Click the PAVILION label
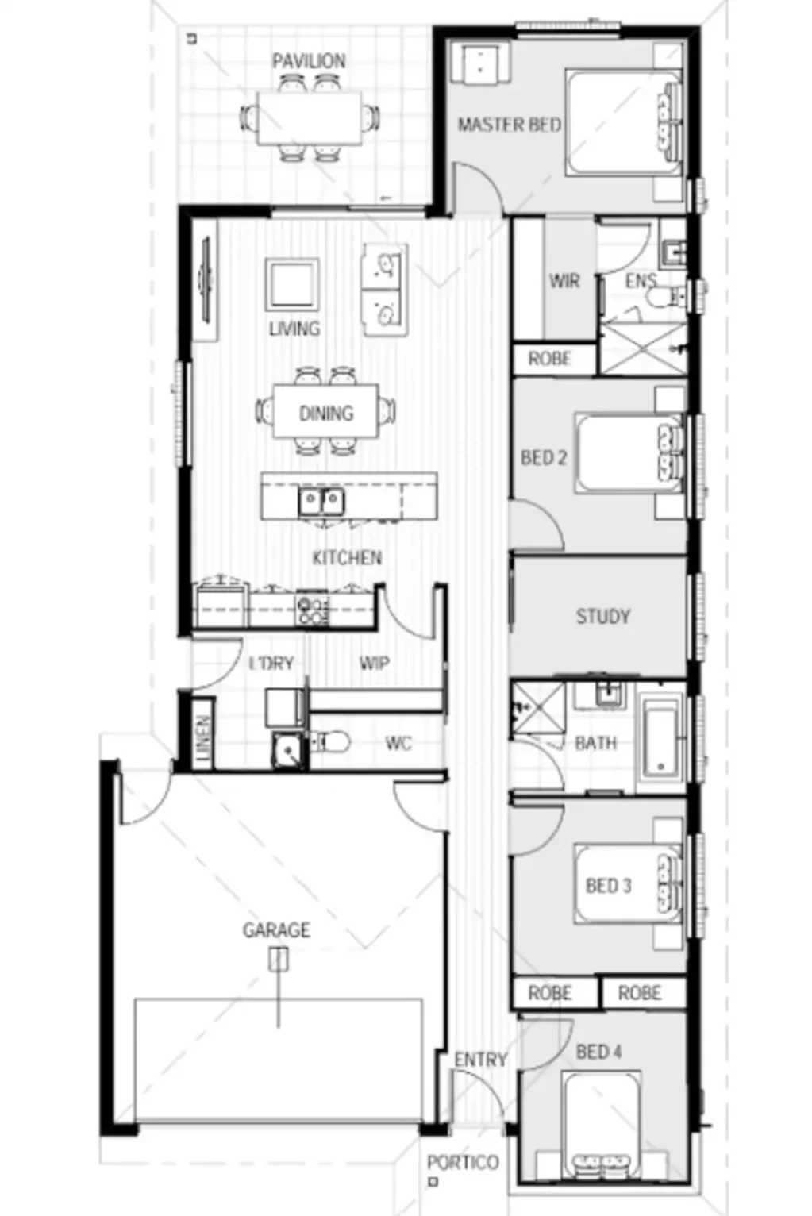[x=309, y=61]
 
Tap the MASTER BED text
[x=509, y=125]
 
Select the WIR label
[x=564, y=281]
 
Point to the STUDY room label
[x=602, y=617]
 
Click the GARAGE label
[x=276, y=929]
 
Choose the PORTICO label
[x=463, y=1163]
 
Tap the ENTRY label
[x=480, y=1060]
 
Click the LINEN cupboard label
[x=203, y=741]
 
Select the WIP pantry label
[x=374, y=663]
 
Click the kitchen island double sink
[x=321, y=501]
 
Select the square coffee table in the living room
[x=293, y=284]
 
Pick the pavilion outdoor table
[x=309, y=117]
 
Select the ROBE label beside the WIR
[x=550, y=359]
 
